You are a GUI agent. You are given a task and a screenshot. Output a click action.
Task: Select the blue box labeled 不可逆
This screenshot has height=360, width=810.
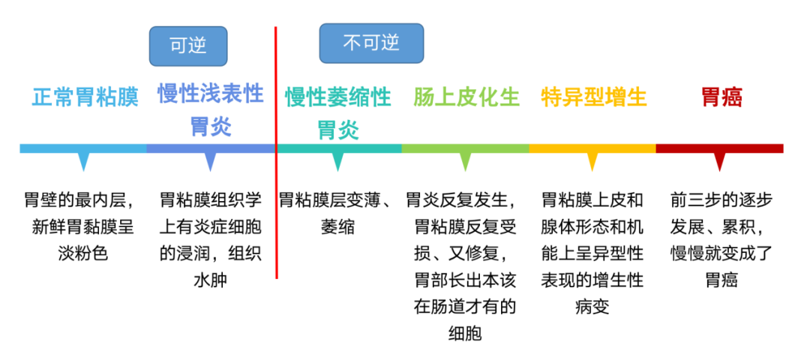pyautogui.click(x=371, y=43)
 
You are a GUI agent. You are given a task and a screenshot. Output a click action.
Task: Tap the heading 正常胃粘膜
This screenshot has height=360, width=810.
pyautogui.click(x=85, y=97)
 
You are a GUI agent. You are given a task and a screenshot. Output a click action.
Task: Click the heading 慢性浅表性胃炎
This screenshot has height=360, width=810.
pyautogui.click(x=211, y=109)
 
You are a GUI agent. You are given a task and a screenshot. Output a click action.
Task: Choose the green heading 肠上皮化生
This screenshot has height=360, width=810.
pyautogui.click(x=466, y=97)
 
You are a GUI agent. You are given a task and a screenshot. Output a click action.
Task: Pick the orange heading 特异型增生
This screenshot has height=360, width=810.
pyautogui.click(x=594, y=97)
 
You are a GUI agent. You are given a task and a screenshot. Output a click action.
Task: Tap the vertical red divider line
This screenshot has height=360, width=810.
pyautogui.click(x=276, y=210)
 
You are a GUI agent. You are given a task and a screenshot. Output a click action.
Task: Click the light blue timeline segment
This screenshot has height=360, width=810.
pyautogui.click(x=82, y=148)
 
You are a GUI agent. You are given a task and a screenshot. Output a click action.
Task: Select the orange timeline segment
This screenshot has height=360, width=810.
pyautogui.click(x=592, y=148)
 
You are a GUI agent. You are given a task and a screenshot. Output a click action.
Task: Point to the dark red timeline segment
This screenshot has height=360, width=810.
pyautogui.click(x=720, y=148)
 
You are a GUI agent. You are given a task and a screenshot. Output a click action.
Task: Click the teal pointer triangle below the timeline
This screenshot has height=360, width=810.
pyautogui.click(x=337, y=161)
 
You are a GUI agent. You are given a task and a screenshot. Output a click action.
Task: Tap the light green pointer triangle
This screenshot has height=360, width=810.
pyautogui.click(x=466, y=161)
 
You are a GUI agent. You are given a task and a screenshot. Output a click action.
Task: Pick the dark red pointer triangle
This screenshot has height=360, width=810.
pyautogui.click(x=720, y=161)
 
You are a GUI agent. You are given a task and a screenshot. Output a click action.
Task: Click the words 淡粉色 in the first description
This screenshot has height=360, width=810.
pyautogui.click(x=83, y=253)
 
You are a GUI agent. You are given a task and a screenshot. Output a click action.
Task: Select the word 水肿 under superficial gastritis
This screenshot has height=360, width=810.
pyautogui.click(x=211, y=280)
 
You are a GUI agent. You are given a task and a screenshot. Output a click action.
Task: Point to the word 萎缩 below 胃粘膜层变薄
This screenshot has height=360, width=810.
pyautogui.click(x=338, y=227)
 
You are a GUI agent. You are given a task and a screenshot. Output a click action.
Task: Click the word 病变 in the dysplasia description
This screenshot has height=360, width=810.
pyautogui.click(x=592, y=307)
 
